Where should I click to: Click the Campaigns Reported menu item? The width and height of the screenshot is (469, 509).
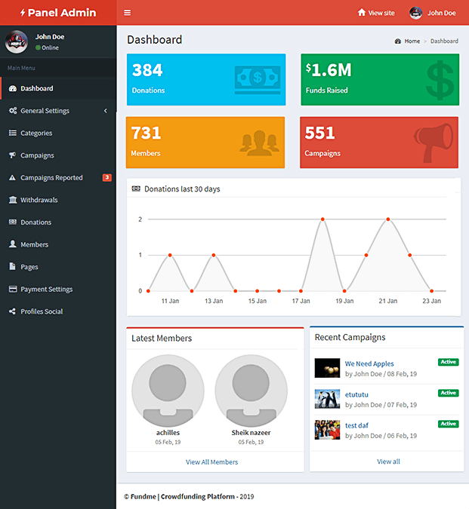tap(51, 178)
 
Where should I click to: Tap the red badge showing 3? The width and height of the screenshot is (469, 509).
tap(106, 178)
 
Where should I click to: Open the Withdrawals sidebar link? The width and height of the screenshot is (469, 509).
tap(39, 200)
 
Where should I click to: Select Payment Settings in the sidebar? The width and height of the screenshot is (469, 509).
tap(46, 289)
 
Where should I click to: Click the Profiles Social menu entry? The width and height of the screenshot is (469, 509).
tap(42, 311)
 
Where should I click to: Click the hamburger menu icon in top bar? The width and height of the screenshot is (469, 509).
tap(128, 13)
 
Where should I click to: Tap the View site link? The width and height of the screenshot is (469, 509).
tap(376, 13)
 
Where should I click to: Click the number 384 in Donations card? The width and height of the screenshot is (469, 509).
tap(147, 71)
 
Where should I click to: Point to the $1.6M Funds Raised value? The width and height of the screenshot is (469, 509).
tap(329, 71)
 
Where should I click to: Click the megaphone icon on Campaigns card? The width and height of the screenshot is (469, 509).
tap(434, 142)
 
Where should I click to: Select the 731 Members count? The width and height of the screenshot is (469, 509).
tap(147, 133)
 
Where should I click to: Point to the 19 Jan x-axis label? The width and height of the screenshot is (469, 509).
tap(344, 301)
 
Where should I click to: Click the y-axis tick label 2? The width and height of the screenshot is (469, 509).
tap(140, 219)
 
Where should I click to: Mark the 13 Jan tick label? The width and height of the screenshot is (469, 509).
tap(214, 301)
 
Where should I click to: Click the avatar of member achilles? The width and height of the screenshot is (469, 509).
tap(168, 390)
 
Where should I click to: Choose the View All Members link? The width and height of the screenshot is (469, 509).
tap(211, 462)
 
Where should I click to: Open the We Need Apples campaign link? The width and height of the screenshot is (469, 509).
tap(369, 363)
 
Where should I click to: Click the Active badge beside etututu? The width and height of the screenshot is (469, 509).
tap(448, 393)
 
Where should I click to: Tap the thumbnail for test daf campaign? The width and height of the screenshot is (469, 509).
tap(327, 430)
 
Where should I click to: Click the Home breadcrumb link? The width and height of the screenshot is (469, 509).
tap(412, 41)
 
